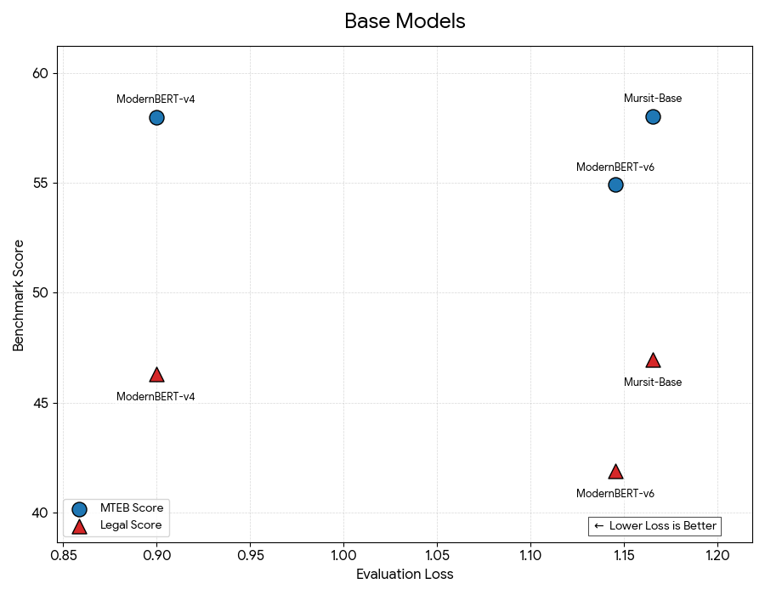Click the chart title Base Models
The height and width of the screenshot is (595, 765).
click(x=405, y=21)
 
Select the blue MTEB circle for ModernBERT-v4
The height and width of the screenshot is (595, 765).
click(x=156, y=117)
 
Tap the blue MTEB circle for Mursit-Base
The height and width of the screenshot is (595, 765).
click(x=653, y=116)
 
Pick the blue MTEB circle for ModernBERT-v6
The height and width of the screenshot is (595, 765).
click(x=615, y=184)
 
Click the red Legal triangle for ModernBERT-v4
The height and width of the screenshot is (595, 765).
click(x=156, y=375)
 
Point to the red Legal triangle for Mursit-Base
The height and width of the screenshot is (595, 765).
click(x=653, y=360)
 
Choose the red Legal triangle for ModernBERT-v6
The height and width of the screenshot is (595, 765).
click(x=615, y=472)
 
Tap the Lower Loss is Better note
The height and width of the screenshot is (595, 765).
click(x=654, y=526)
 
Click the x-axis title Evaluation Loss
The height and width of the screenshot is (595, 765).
click(x=405, y=575)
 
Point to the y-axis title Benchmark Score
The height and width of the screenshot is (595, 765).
click(x=19, y=294)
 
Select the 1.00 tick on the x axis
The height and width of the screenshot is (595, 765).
click(x=343, y=554)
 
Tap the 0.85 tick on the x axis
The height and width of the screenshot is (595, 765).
click(x=63, y=554)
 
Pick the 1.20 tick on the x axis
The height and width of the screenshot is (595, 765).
click(x=717, y=554)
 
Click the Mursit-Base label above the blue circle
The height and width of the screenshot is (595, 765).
click(x=653, y=99)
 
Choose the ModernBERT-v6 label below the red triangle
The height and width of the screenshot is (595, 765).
click(x=615, y=494)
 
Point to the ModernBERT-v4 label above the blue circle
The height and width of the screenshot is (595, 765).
click(x=156, y=99)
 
